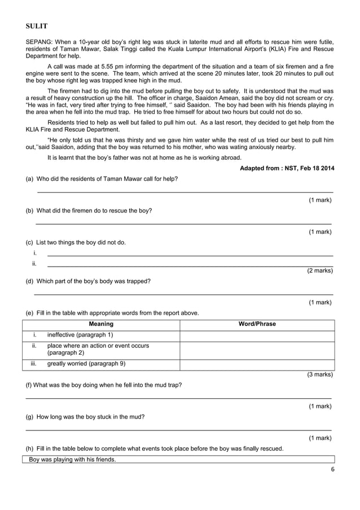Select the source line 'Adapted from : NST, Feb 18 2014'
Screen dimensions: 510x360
click(287, 168)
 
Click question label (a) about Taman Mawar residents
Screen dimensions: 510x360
click(29, 179)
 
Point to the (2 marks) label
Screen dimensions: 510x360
click(319, 271)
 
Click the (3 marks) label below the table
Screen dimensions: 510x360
click(319, 374)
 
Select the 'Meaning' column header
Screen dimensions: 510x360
click(101, 324)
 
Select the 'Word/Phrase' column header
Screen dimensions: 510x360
click(257, 324)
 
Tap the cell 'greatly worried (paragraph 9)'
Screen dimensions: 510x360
click(86, 364)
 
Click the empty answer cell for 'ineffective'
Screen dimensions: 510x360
click(257, 335)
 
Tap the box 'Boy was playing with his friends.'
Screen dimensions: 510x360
click(72, 459)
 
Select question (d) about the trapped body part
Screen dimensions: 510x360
click(88, 281)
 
